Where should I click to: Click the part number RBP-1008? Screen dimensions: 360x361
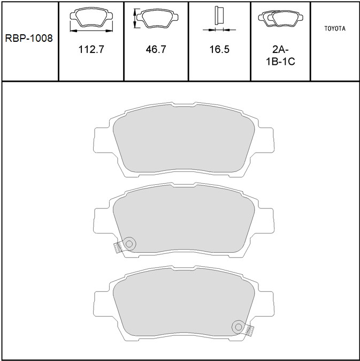click(29, 38)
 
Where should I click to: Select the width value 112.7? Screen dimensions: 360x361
click(91, 49)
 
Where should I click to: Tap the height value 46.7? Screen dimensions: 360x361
click(156, 49)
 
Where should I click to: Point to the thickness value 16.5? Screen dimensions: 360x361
click(219, 49)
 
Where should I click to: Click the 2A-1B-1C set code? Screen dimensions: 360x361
click(280, 56)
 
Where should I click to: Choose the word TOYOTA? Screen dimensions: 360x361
click(335, 28)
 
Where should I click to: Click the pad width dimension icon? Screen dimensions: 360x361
click(91, 19)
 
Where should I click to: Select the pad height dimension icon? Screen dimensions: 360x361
click(156, 18)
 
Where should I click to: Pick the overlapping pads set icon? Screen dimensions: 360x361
click(280, 18)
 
